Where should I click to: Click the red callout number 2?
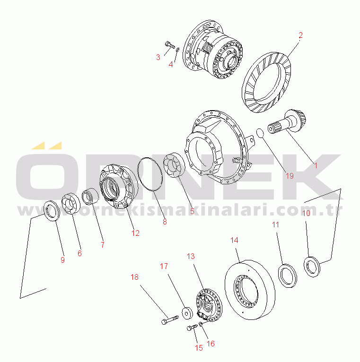tap(300, 35)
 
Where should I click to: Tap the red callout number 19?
tap(290, 176)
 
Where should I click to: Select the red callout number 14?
tap(234, 240)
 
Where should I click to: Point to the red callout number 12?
tap(136, 233)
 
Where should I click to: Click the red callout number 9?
tap(62, 260)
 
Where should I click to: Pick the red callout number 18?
tap(134, 277)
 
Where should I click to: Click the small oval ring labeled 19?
tap(260, 133)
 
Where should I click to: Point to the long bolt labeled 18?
tap(170, 320)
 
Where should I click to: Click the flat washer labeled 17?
tap(187, 313)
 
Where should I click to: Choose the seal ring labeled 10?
tap(312, 267)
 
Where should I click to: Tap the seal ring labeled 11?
tap(288, 276)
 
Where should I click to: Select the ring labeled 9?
tap(52, 211)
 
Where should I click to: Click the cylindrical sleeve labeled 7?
tap(90, 197)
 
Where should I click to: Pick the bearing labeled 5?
tap(174, 165)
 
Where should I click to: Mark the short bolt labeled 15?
tap(192, 328)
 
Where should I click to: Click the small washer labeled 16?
tap(201, 324)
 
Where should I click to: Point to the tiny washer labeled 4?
tap(178, 50)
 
